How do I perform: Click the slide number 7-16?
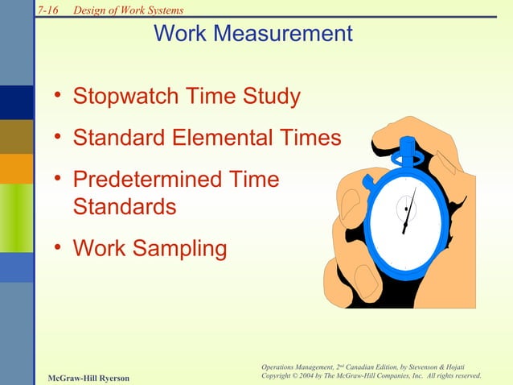coord(50,10)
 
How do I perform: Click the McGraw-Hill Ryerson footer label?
coord(88,378)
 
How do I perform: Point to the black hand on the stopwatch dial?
coord(409,211)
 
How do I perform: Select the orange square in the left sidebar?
coord(16,168)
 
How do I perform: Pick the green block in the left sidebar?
coord(16,217)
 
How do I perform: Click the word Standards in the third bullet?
coord(125,206)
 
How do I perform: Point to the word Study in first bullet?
coord(274,97)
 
